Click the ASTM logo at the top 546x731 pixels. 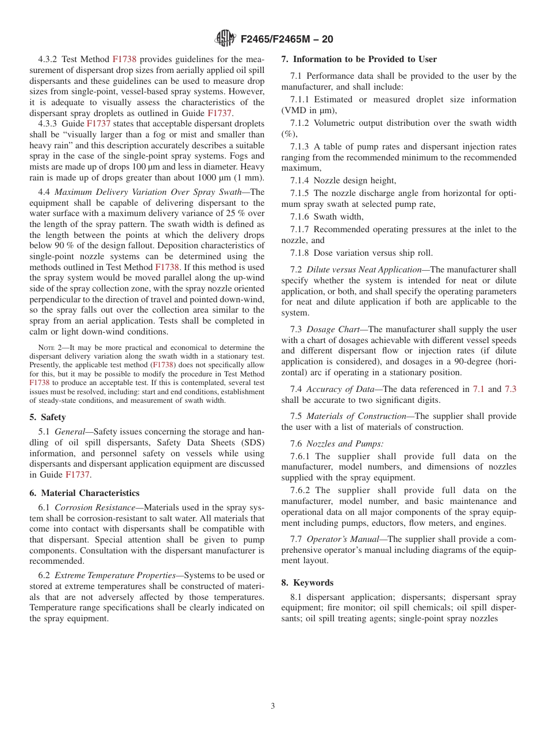pos(225,39)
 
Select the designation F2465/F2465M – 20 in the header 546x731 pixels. pos(287,40)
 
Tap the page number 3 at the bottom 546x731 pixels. pos(273,706)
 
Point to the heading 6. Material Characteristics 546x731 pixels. pos(84,493)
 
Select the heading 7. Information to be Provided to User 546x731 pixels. pos(359,59)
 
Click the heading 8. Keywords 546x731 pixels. pos(307,583)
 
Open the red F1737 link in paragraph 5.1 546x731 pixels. pos(78,475)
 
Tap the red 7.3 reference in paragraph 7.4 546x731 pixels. pos(510,390)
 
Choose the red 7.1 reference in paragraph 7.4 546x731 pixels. pos(478,390)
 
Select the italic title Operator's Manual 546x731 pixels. pos(343,539)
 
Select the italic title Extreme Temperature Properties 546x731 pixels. pos(115,575)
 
